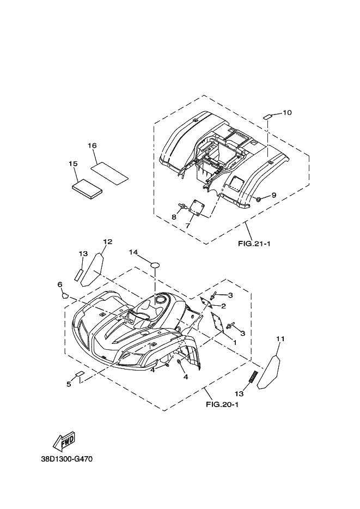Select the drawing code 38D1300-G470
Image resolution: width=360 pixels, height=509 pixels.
[x=67, y=459]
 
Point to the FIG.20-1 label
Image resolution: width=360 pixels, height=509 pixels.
[x=222, y=404]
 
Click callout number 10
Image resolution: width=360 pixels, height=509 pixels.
[x=287, y=113]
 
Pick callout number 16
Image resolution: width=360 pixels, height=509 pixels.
[x=92, y=146]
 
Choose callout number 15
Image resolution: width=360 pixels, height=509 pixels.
[x=73, y=163]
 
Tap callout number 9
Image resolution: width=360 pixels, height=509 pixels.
[x=273, y=195]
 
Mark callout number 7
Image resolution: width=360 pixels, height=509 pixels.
[x=188, y=225]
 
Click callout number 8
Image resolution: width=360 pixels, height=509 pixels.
[x=174, y=217]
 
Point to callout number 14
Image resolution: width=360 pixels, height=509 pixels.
[x=133, y=252]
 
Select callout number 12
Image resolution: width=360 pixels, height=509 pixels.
[x=107, y=241]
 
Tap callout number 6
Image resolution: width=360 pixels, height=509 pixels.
[x=60, y=284]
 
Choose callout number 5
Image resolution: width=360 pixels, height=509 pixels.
[x=69, y=384]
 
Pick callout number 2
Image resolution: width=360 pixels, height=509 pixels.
[x=223, y=306]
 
